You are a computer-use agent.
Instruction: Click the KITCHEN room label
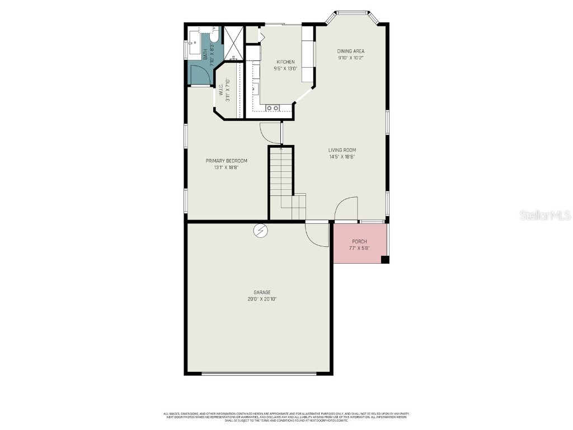click(x=285, y=62)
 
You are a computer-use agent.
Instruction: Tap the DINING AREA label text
click(x=351, y=51)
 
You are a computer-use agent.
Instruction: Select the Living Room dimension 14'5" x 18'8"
click(x=342, y=157)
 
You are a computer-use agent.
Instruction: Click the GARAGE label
click(x=262, y=292)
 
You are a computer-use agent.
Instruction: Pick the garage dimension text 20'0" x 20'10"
click(x=262, y=300)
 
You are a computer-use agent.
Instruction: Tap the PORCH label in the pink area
click(x=359, y=241)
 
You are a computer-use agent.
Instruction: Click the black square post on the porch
click(x=384, y=259)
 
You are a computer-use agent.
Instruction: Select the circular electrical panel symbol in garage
click(x=260, y=231)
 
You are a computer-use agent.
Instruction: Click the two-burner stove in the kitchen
click(x=273, y=107)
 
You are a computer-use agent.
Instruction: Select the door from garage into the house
click(x=318, y=235)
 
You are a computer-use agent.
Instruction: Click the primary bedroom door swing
click(x=270, y=133)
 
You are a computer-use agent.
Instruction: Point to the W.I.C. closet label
click(x=228, y=90)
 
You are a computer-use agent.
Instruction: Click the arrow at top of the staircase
click(x=281, y=149)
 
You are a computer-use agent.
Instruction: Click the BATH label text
click(x=205, y=54)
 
